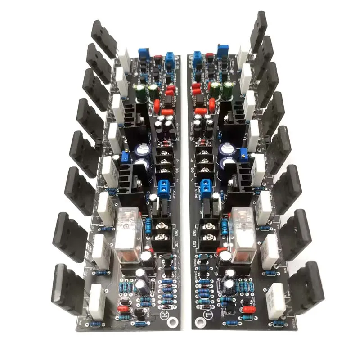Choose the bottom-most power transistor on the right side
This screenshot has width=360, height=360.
pyautogui.click(x=306, y=283)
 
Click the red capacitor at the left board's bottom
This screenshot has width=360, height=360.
pyautogui.click(x=123, y=309)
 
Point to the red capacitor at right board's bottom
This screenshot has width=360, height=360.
pyautogui.click(x=248, y=310)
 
